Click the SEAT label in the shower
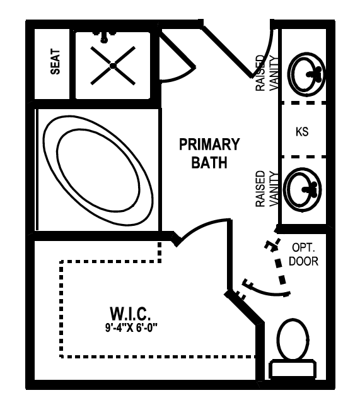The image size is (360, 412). click(55, 61)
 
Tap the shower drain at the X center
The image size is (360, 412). click(113, 66)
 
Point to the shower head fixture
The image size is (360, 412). click(104, 37)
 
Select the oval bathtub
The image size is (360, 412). click(98, 170)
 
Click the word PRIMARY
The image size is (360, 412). click(209, 144)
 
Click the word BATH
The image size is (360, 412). click(209, 163)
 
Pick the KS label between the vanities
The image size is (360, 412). click(302, 132)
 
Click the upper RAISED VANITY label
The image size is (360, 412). click(266, 73)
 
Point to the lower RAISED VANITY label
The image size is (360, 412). click(266, 189)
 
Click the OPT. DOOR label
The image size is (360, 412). click(303, 254)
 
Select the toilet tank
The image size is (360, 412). click(293, 370)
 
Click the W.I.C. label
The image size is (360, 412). click(131, 314)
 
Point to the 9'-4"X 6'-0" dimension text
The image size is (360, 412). click(131, 327)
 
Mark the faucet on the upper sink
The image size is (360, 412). click(315, 74)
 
